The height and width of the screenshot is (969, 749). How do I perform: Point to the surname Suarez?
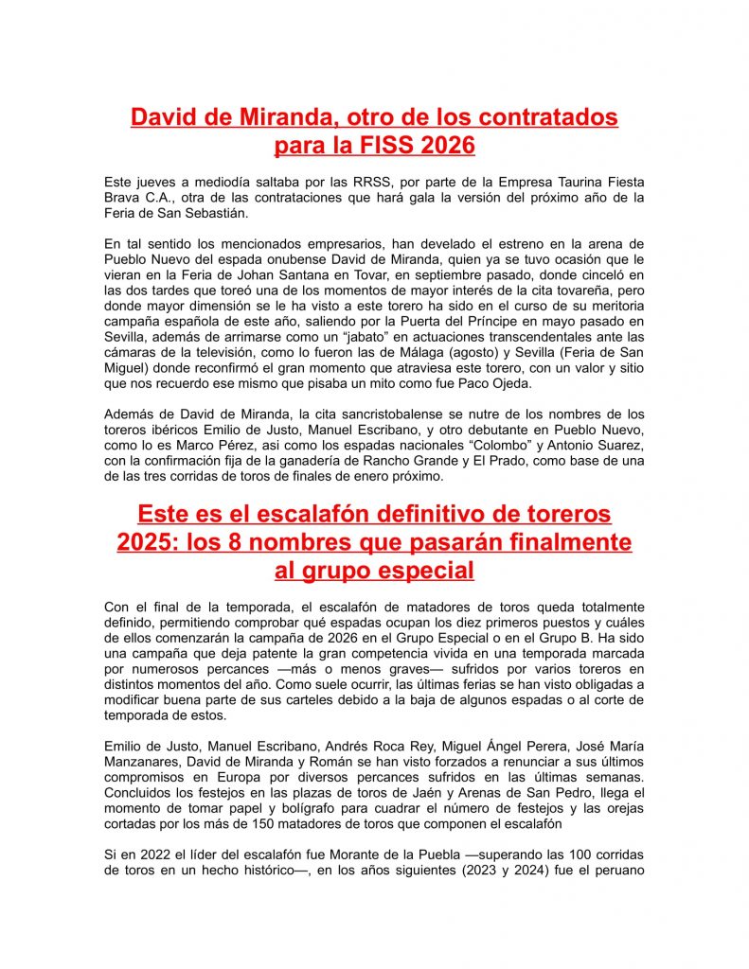(x=618, y=445)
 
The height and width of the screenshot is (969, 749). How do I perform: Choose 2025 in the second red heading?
(x=147, y=542)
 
